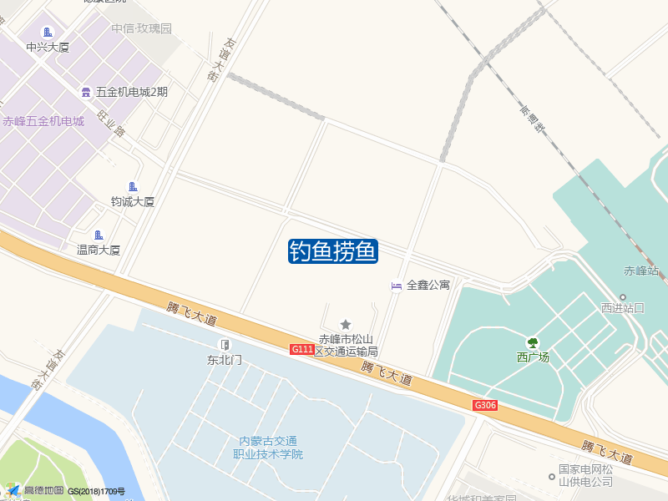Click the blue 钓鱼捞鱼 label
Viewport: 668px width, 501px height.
(333, 250)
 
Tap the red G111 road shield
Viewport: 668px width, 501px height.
(301, 349)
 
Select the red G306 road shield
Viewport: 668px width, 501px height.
(485, 406)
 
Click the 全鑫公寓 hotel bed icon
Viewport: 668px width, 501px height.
(397, 286)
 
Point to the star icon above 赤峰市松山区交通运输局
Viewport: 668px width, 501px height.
(346, 324)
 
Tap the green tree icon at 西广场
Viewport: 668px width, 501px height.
(532, 342)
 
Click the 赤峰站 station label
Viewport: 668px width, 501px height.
(641, 271)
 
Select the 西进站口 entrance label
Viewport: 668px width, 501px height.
(623, 307)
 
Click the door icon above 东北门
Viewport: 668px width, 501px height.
(225, 345)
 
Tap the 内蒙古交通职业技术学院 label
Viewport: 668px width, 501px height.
(268, 448)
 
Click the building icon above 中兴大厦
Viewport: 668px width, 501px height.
(48, 32)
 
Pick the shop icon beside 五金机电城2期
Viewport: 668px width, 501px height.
(86, 92)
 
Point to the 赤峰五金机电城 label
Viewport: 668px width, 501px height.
(43, 121)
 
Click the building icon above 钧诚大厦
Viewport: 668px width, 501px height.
(133, 186)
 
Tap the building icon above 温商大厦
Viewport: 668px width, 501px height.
(99, 235)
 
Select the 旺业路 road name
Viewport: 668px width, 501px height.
(111, 123)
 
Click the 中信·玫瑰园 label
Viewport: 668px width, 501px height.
(142, 28)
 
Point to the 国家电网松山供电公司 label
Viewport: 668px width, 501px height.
(585, 476)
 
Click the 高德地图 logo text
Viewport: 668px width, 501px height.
(43, 490)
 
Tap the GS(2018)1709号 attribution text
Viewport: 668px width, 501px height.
(96, 492)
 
